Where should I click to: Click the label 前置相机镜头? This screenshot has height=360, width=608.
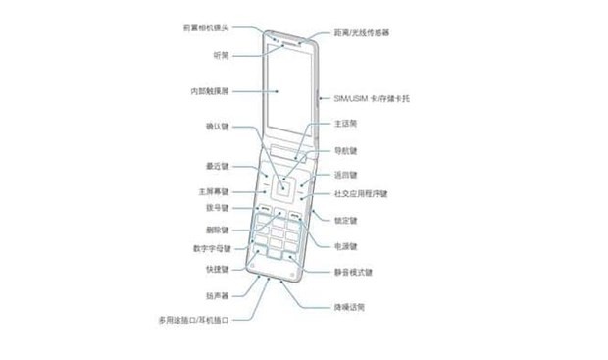point(206,29)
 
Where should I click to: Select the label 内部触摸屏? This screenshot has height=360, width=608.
point(209,91)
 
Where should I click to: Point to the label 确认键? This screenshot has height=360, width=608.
point(217,128)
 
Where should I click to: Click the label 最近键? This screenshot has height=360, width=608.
point(217,166)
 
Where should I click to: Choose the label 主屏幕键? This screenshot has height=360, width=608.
point(213,190)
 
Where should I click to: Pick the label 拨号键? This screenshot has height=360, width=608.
point(217,208)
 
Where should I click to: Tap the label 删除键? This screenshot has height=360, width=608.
point(217,229)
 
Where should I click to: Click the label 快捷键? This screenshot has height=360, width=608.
point(217,270)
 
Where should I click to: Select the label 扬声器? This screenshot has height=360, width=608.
point(217,295)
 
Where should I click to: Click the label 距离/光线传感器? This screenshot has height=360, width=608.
point(362,32)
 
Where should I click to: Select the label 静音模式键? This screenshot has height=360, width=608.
point(353,272)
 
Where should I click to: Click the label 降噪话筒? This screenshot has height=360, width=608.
point(348,307)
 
